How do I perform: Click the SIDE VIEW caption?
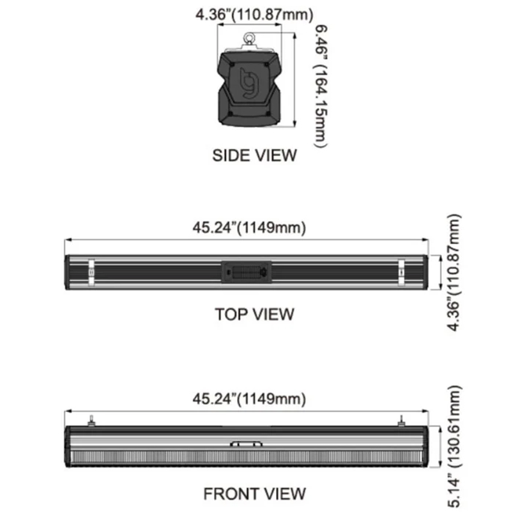click(254, 155)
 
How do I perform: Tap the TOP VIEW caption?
click(254, 314)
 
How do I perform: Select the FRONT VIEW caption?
click(254, 493)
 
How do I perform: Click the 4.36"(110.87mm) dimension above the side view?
click(254, 15)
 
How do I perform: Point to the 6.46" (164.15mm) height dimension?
click(321, 86)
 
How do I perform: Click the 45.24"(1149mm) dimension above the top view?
click(249, 228)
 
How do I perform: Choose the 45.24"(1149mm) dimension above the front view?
click(249, 399)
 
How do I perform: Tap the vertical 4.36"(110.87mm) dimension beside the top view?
click(454, 273)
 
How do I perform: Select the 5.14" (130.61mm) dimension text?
click(454, 446)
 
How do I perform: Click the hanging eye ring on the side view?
click(250, 39)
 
